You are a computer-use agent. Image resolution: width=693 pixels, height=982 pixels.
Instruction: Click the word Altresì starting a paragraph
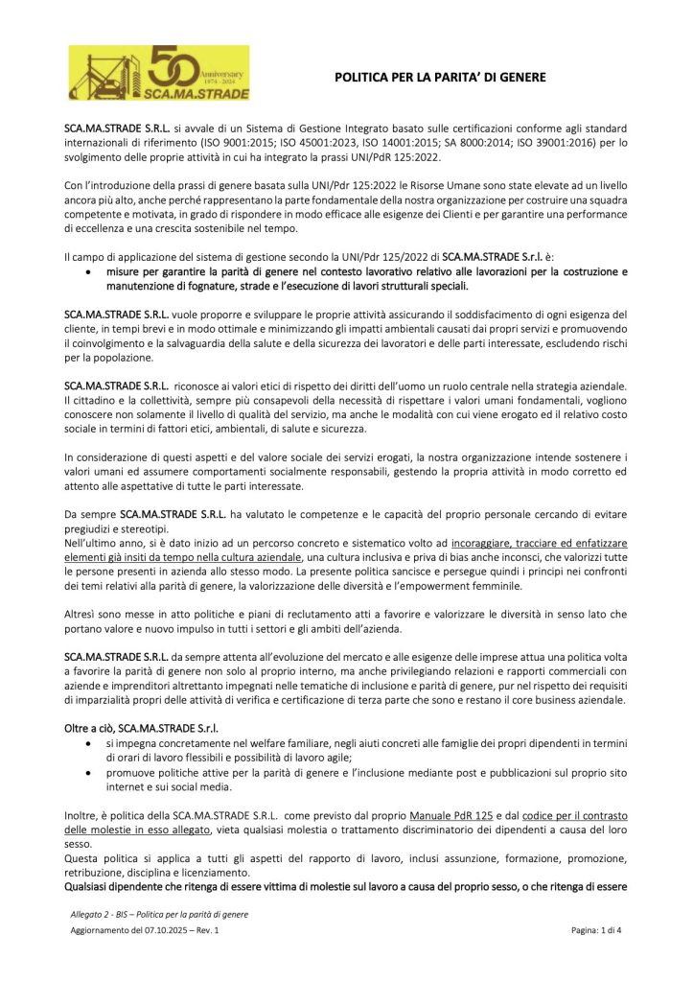pos(82,612)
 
